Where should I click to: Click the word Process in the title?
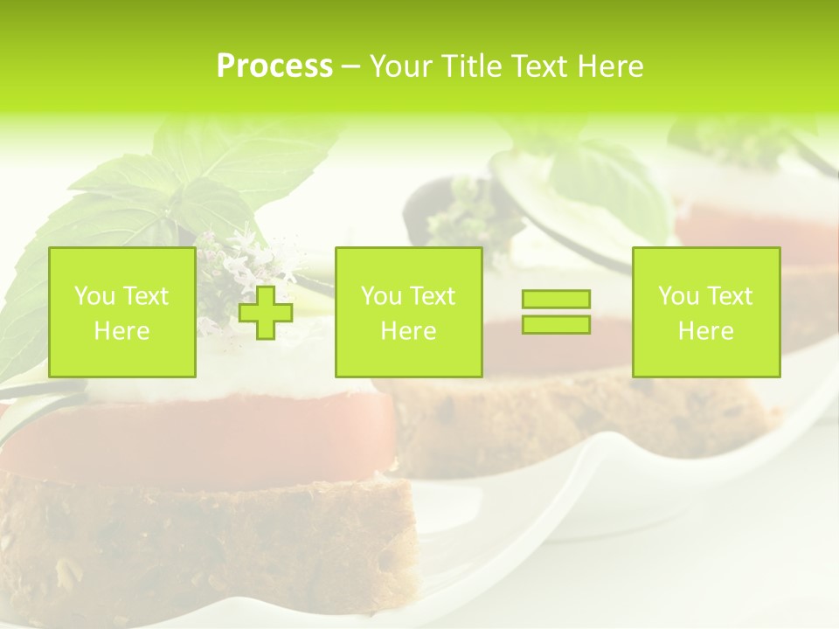274,66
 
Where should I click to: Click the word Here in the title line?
611,66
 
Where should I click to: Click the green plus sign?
266,312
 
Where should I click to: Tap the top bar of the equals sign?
556,299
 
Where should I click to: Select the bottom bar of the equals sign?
556,324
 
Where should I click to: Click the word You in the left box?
94,296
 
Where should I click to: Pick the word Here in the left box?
121,331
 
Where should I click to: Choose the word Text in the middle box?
433,296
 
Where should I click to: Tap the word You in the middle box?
381,296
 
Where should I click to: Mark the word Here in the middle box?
408,331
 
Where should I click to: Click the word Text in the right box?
730,296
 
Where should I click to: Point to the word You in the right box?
678,296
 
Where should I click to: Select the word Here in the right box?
705,331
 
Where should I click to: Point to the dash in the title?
351,67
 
